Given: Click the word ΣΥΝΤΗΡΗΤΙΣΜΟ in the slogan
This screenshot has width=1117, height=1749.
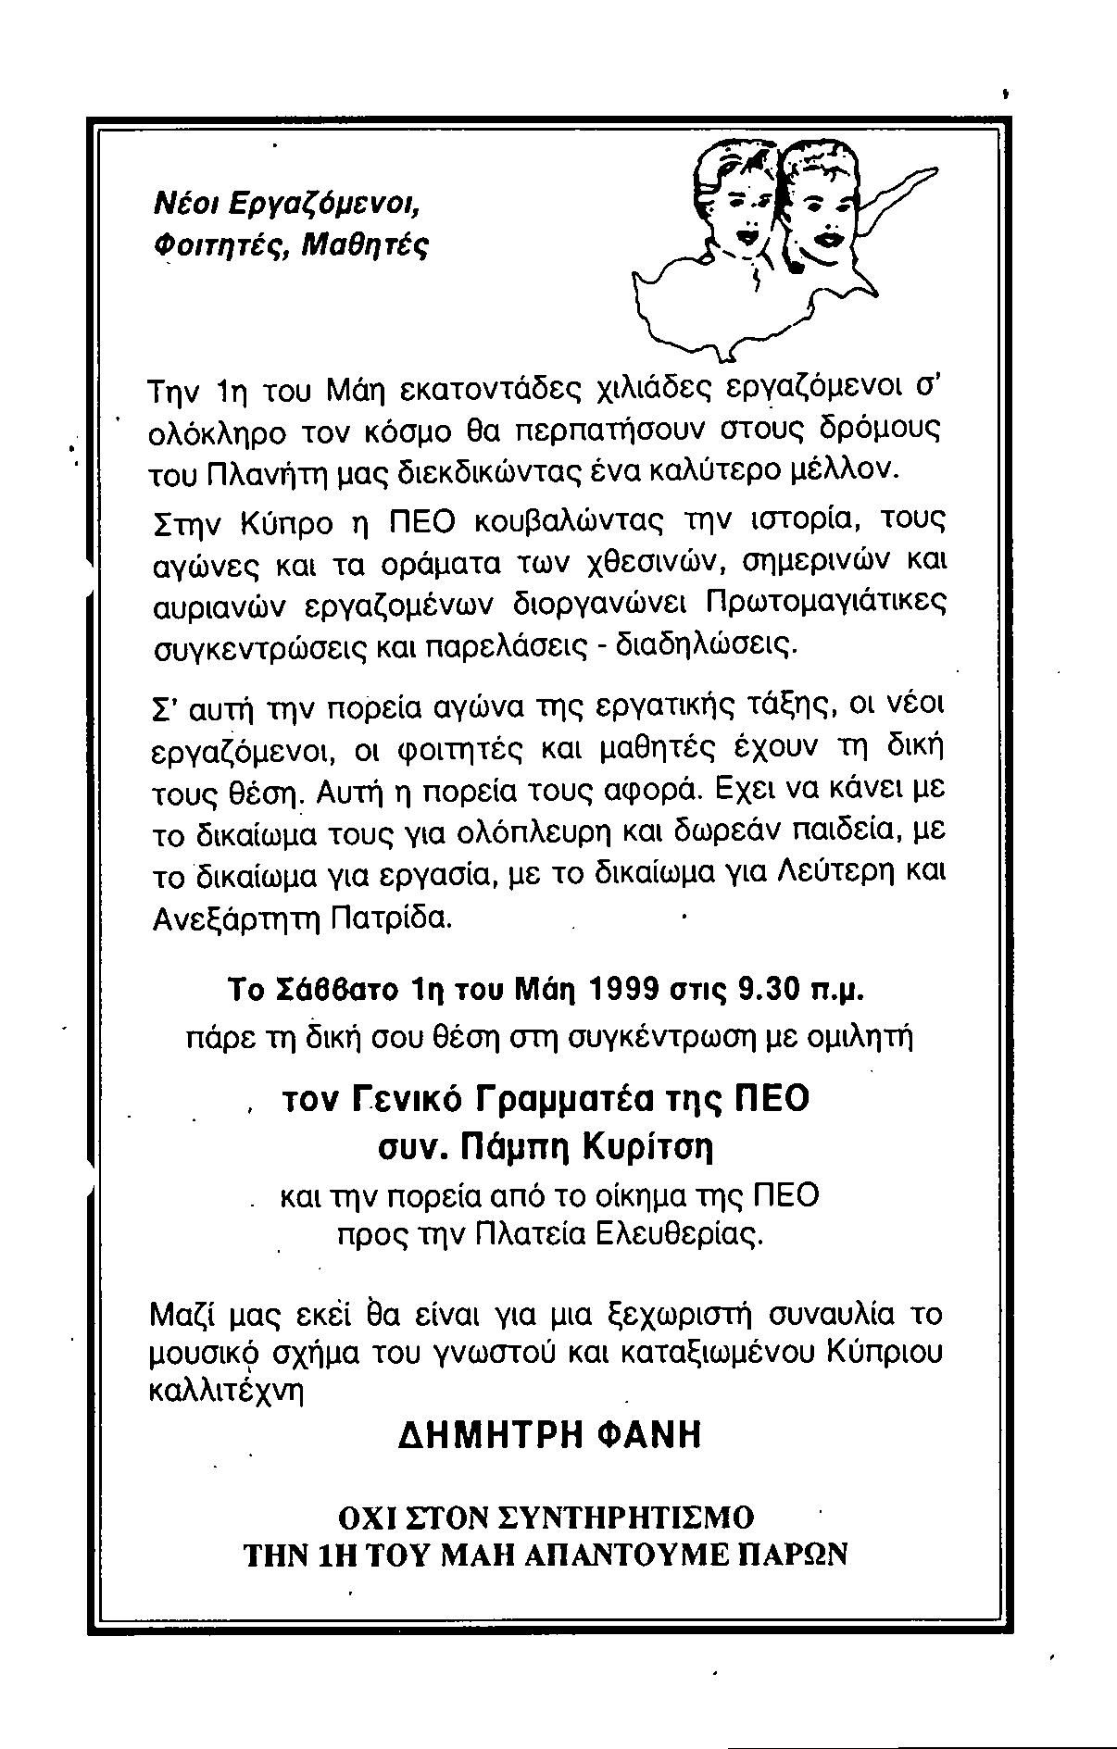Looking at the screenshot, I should point(625,1518).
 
